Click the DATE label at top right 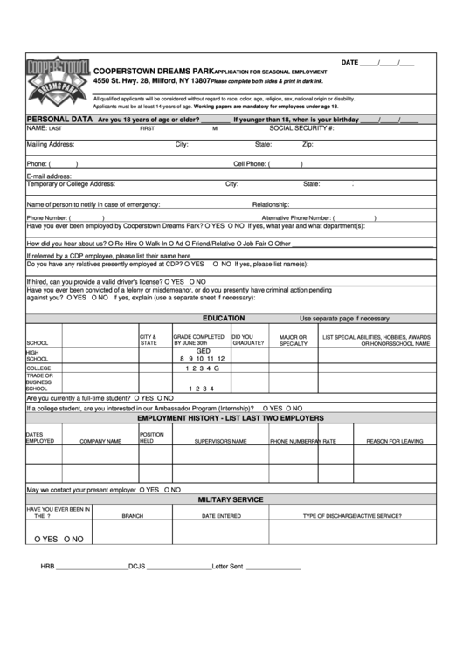pos(350,63)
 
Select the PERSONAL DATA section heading pos(60,118)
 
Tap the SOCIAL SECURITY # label pos(301,127)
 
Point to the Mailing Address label pos(51,144)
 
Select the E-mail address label pos(49,176)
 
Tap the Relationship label pos(271,203)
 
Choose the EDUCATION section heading pos(224,318)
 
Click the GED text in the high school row pos(203,350)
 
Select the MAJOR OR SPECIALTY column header pos(293,340)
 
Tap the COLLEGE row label pos(40,368)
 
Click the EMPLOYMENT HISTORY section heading pos(231,418)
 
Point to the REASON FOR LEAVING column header pos(394,441)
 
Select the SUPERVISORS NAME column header pos(217,441)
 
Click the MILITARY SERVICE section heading pos(231,499)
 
